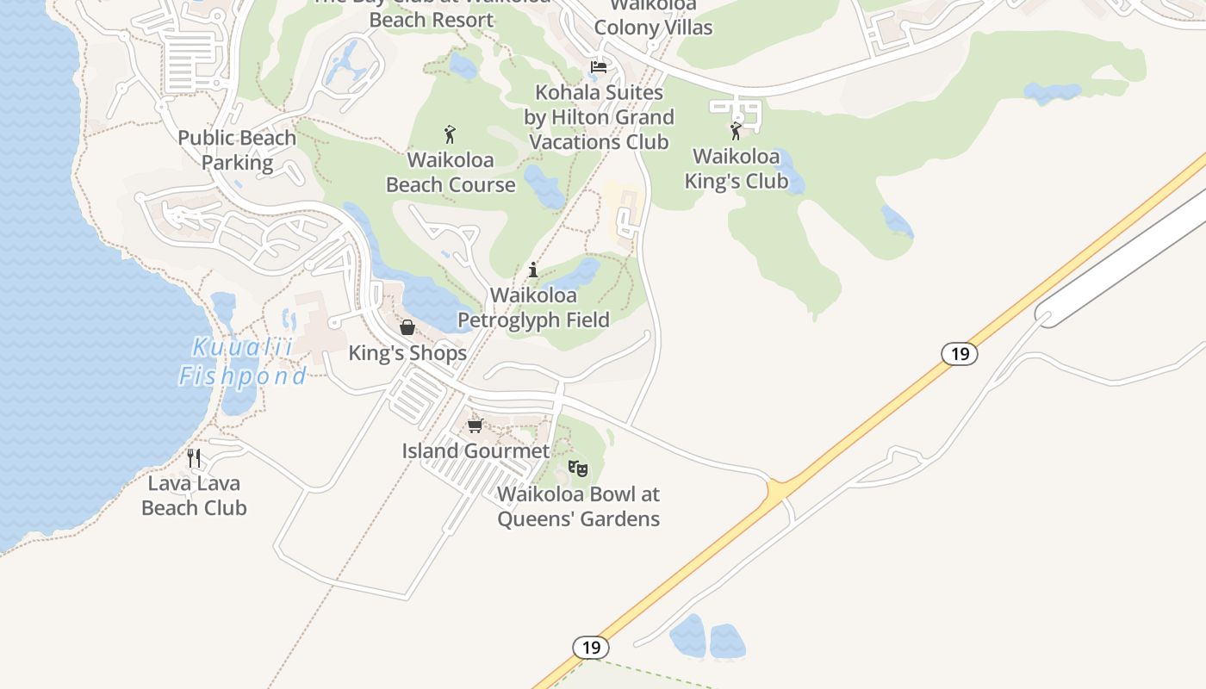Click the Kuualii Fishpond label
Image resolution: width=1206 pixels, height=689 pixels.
click(242, 362)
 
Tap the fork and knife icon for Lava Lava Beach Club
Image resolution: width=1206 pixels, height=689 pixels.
click(194, 457)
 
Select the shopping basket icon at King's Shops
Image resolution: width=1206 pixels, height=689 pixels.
click(407, 327)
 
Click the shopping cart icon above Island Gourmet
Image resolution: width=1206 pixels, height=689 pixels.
click(475, 425)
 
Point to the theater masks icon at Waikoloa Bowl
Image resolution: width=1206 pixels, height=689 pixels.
click(577, 469)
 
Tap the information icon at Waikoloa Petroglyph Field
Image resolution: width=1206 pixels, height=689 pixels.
click(533, 270)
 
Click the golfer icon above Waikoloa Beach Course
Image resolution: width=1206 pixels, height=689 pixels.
click(450, 134)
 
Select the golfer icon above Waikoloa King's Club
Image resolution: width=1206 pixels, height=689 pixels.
click(736, 131)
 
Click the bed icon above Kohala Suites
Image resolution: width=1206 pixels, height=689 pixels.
click(599, 66)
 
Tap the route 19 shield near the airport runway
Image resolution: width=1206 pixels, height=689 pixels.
click(959, 353)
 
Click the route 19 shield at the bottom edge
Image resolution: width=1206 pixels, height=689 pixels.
click(591, 647)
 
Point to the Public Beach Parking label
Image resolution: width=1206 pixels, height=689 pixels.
click(237, 150)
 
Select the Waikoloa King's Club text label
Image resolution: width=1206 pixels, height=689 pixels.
click(737, 169)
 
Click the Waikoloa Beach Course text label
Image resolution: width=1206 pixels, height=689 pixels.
click(451, 172)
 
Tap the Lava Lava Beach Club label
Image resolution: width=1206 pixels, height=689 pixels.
click(194, 496)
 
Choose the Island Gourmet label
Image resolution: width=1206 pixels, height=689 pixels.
click(476, 450)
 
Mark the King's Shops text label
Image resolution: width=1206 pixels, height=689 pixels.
click(407, 353)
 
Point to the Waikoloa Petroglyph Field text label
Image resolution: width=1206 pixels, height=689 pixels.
click(533, 307)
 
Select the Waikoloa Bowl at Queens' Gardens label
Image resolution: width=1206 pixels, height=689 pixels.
click(578, 506)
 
